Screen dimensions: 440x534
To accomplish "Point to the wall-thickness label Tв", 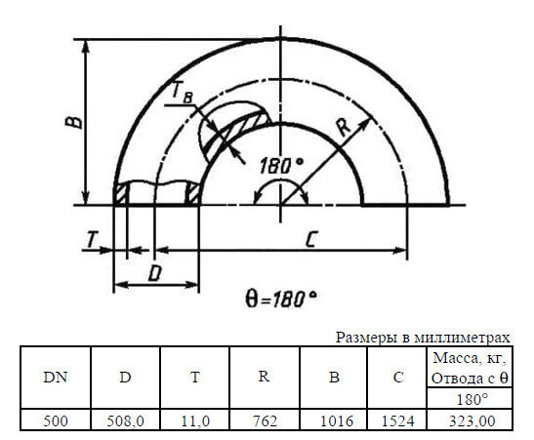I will pyautogui.click(x=181, y=91).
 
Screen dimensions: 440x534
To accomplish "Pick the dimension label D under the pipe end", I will pyautogui.click(x=153, y=274).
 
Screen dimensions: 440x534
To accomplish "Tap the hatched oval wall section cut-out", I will pyautogui.click(x=231, y=129).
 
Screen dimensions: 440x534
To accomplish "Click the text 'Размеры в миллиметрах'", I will pyautogui.click(x=423, y=337).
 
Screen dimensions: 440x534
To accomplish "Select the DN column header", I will pyautogui.click(x=55, y=378).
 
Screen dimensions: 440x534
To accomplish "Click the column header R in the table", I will pyautogui.click(x=265, y=378).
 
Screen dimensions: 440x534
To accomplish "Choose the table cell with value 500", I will pyautogui.click(x=55, y=420).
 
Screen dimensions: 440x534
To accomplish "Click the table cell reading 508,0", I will pyautogui.click(x=125, y=420).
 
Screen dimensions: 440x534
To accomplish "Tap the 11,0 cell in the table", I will pyautogui.click(x=195, y=420).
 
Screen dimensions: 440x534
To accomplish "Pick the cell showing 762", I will pyautogui.click(x=265, y=420).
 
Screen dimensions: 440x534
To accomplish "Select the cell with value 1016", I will pyautogui.click(x=334, y=420).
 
